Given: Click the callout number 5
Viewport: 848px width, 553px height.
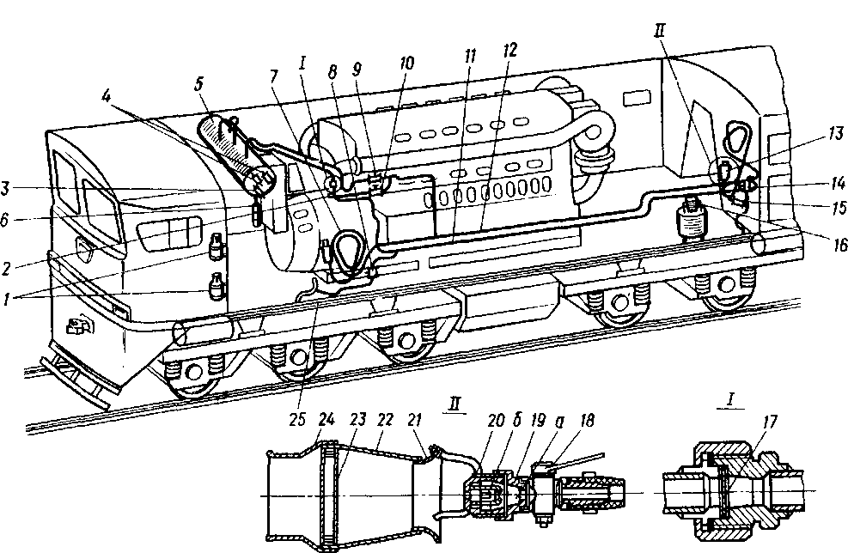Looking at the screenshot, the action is (x=199, y=84).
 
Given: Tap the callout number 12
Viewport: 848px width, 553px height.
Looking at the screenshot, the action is (x=510, y=51).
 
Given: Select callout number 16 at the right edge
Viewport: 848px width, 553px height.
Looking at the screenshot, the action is (x=839, y=246).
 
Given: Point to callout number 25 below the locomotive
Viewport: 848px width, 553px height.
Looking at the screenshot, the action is (x=297, y=420).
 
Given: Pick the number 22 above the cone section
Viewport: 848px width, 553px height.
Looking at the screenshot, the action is (x=385, y=420).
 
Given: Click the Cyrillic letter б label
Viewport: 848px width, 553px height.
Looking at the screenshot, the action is (x=516, y=420).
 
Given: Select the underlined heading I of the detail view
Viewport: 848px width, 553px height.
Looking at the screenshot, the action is (x=730, y=399).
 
